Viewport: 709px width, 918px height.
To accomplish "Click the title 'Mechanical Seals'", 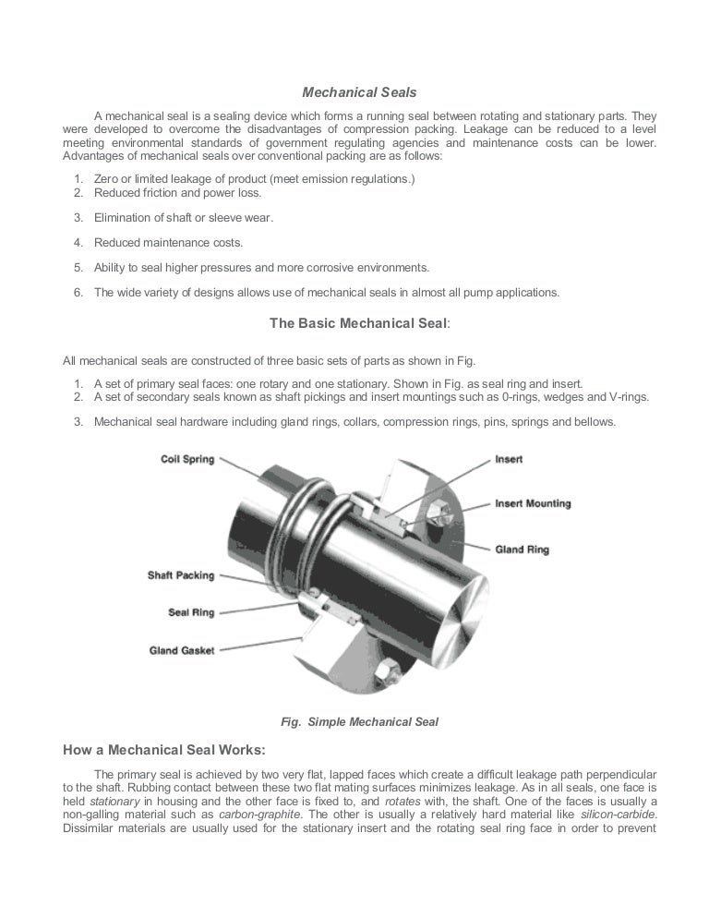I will [x=360, y=92].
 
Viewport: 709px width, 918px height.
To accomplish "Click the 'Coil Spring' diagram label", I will [x=187, y=459].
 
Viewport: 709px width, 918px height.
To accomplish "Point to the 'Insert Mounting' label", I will [x=533, y=504].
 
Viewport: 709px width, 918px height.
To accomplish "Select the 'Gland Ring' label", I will [x=522, y=550].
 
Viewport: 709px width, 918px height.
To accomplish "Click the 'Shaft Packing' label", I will [x=180, y=575].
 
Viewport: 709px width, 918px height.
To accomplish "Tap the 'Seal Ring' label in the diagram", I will [x=191, y=612].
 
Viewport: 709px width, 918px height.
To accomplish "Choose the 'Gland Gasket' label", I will [x=182, y=650].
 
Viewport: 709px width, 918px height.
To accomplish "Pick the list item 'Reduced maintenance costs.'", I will [x=168, y=243].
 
